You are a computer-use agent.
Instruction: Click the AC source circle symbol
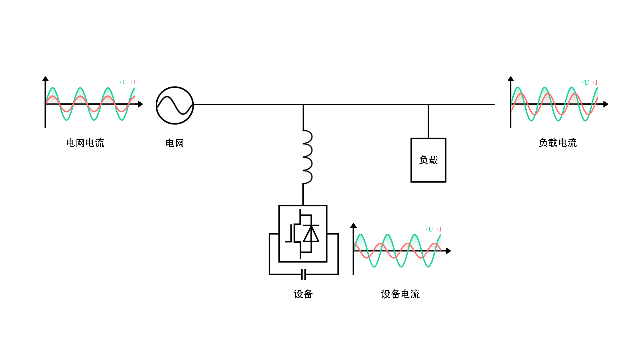[175, 105]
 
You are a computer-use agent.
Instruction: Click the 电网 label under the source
[175, 143]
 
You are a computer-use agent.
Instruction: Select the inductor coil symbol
[307, 157]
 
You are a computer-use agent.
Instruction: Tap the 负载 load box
[428, 160]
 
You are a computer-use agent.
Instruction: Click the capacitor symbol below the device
[303, 274]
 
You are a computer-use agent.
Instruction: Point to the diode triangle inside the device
[311, 234]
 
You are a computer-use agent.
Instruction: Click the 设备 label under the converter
[303, 294]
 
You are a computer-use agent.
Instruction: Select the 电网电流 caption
[85, 143]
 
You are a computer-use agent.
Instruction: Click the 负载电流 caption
[557, 143]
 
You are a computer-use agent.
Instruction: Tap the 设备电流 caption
[400, 294]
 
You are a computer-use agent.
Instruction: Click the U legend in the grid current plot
[124, 82]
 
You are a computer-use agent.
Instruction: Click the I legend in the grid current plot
[134, 82]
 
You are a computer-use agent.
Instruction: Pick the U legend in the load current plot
[586, 82]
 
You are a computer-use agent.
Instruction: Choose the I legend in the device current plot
[440, 229]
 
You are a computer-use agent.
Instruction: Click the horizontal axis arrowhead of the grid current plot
[140, 104]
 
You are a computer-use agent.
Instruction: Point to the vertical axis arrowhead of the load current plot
[511, 79]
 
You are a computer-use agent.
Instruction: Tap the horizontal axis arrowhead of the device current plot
[448, 251]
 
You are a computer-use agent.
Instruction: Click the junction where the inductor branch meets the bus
[303, 104]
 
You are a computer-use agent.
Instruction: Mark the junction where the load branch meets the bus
[428, 104]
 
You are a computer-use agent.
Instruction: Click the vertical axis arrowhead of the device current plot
[354, 226]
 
